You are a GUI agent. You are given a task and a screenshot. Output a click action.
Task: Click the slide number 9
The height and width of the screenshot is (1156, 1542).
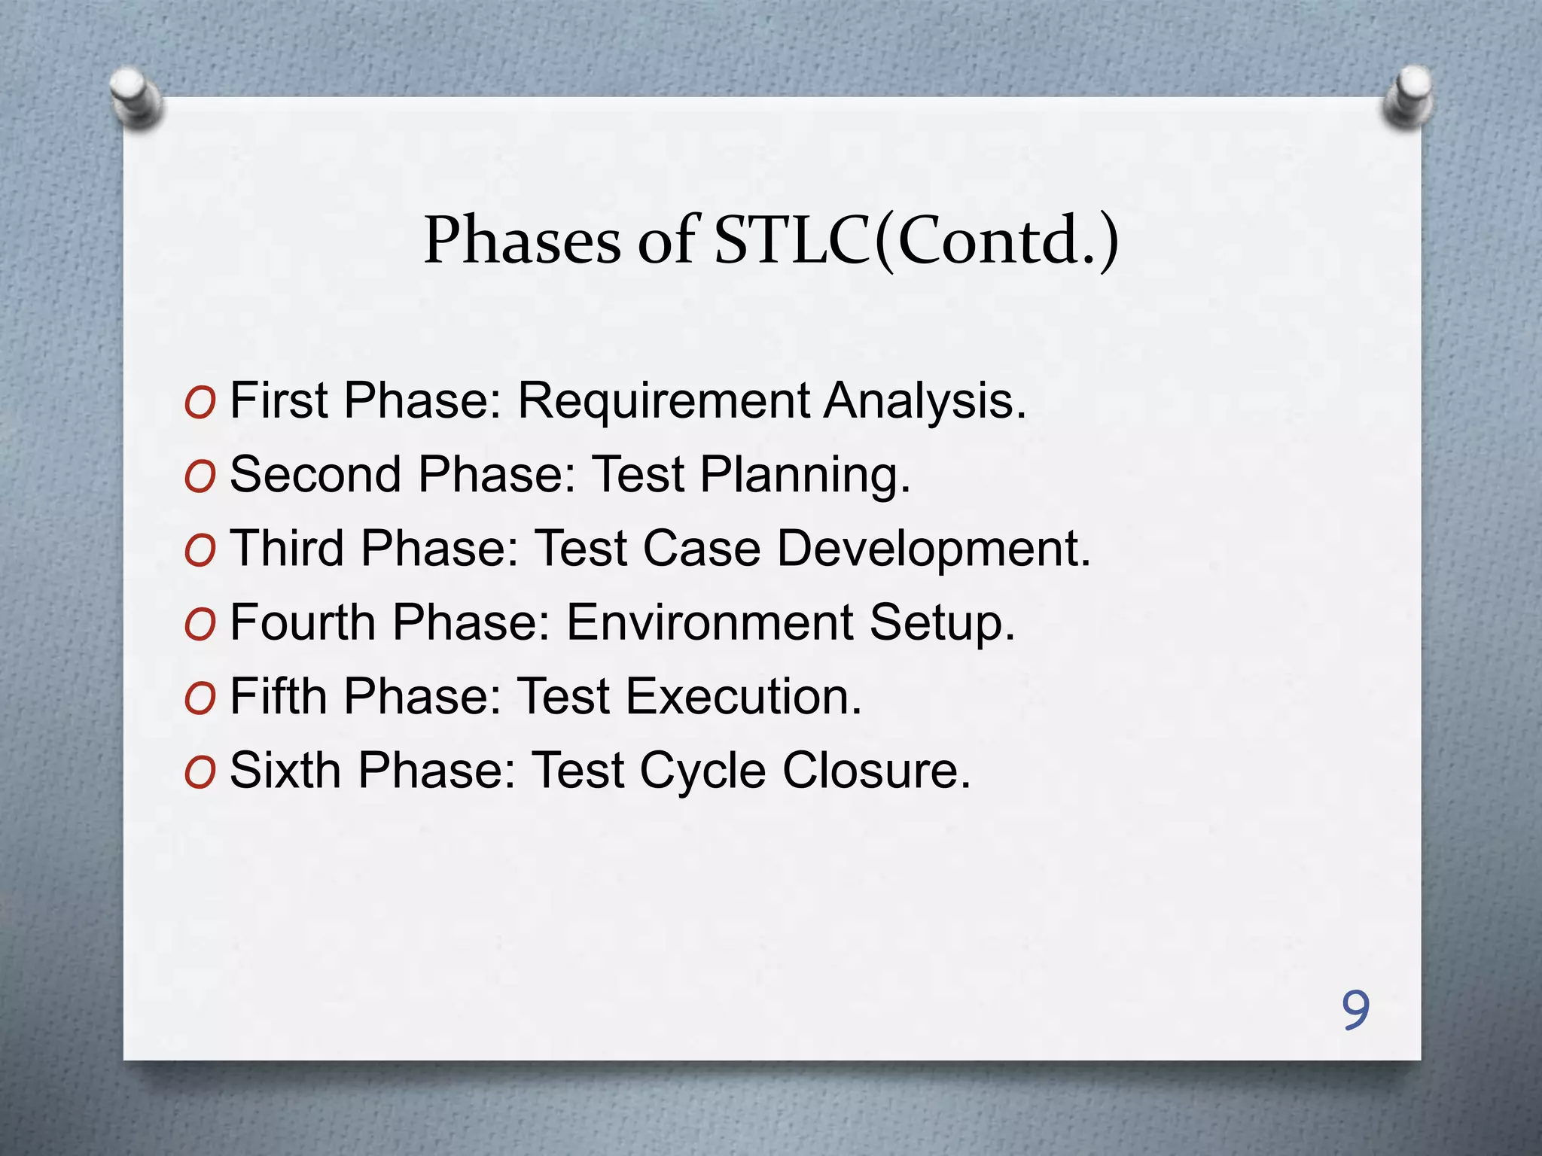point(1355,1010)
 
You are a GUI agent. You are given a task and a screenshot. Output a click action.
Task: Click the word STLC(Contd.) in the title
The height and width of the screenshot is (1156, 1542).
point(916,241)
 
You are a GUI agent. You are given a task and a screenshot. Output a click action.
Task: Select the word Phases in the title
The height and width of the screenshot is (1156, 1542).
point(522,241)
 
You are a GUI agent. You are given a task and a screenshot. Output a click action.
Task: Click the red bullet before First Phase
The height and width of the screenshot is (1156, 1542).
point(200,403)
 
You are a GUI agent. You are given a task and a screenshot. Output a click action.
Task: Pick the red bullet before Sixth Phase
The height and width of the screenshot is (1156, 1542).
point(200,773)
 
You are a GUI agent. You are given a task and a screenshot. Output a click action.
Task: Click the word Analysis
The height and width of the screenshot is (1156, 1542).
point(925,402)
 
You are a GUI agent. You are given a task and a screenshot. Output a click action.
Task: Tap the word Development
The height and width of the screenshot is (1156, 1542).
point(934,549)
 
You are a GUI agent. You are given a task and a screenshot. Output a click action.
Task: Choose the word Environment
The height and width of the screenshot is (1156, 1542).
point(709,623)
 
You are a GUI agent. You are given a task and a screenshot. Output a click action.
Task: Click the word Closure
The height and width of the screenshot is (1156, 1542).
point(876,771)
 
